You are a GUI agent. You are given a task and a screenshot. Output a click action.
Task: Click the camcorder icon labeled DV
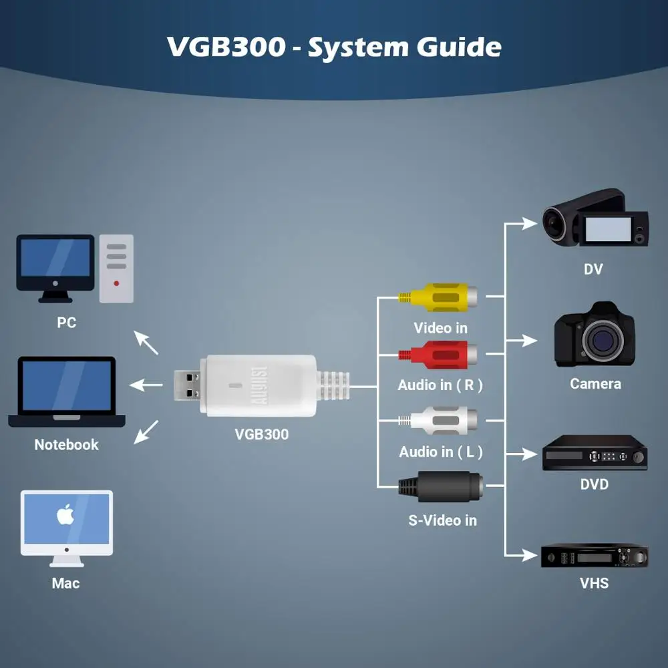pyautogui.click(x=595, y=218)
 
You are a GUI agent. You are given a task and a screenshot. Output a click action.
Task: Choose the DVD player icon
pyautogui.click(x=595, y=453)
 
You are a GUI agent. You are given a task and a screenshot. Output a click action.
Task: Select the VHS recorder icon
pyautogui.click(x=595, y=554)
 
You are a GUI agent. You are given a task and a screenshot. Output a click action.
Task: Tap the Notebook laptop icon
pyautogui.click(x=66, y=392)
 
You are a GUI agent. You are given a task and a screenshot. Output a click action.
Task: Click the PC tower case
pyautogui.click(x=116, y=268)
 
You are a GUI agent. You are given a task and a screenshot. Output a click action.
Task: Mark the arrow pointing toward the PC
pyautogui.click(x=146, y=342)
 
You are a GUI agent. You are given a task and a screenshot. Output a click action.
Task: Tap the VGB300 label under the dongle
pyautogui.click(x=261, y=434)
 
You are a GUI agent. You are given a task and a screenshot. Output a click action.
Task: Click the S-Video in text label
pyautogui.click(x=442, y=520)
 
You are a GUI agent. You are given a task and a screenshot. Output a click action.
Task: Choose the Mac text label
pyautogui.click(x=65, y=583)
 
